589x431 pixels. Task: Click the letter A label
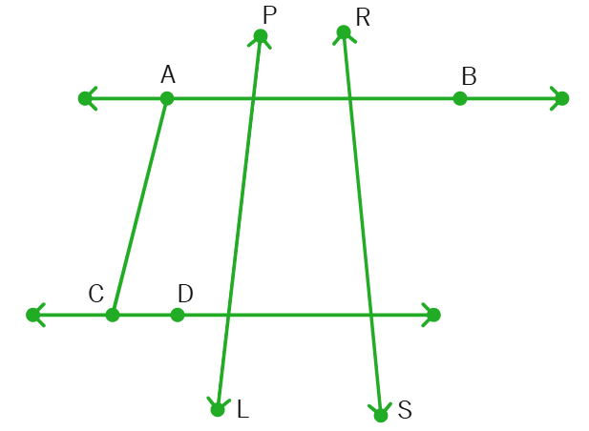pos(168,74)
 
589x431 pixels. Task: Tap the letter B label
pos(469,76)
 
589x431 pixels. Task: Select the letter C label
pos(96,294)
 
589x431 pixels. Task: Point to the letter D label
pos(185,294)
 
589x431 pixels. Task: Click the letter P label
pos(270,15)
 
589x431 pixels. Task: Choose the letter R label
pos(363,17)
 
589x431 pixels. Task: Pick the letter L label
pos(243,409)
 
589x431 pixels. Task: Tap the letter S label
pos(405,410)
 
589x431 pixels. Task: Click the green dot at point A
pos(167,98)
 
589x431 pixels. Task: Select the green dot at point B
pos(460,98)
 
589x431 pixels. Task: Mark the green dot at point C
pos(113,315)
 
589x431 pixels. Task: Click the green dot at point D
pos(178,315)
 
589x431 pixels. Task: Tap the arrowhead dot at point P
pos(261,36)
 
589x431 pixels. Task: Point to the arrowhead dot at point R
pos(344,32)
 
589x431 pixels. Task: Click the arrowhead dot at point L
pos(218,410)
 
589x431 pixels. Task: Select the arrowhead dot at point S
pos(381,415)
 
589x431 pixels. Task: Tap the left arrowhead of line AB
pos(87,98)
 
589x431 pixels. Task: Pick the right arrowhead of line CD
pos(432,315)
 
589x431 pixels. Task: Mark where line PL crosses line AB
pos(254,98)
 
